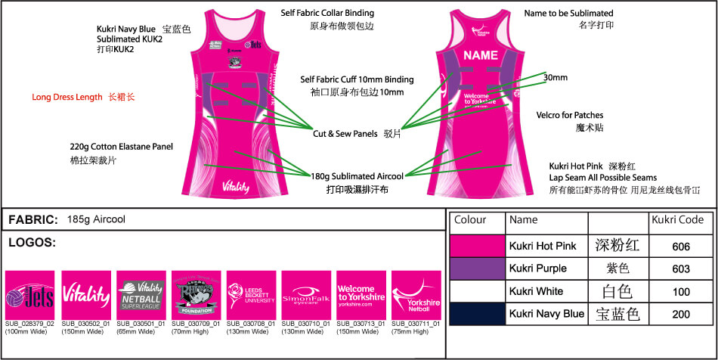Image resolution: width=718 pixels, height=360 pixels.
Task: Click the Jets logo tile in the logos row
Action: click(29, 295)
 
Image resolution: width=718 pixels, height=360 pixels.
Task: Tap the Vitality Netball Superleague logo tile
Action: click(140, 295)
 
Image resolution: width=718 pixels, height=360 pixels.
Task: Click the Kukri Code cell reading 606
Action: click(680, 247)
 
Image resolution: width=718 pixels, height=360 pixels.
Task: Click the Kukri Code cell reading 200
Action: click(680, 314)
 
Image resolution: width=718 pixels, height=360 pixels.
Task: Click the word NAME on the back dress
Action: click(480, 55)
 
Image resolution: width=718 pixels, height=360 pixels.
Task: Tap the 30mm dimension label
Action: click(555, 77)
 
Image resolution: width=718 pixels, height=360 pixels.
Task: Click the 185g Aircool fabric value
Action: click(96, 220)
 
